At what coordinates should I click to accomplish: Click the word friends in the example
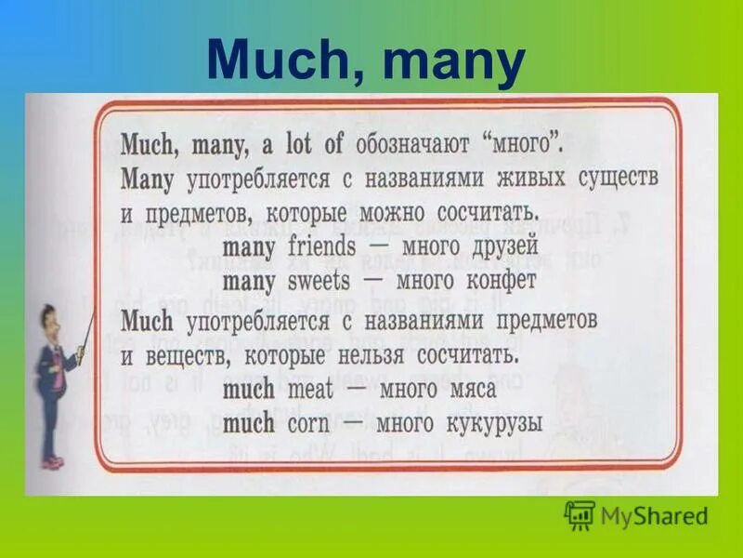tap(321, 247)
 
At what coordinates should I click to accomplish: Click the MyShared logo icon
tap(580, 515)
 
